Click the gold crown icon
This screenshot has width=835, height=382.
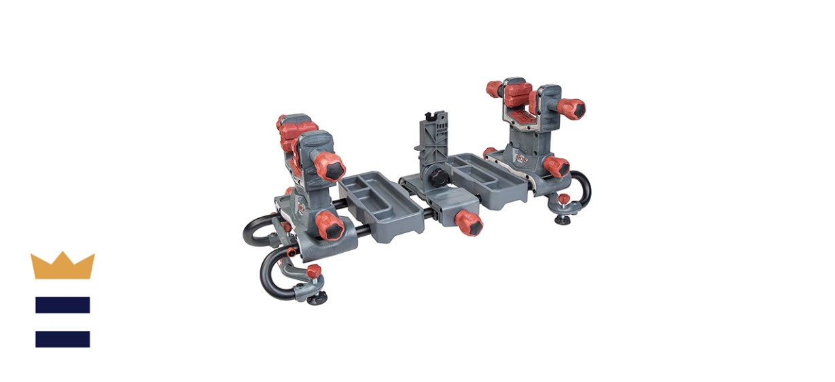(x=63, y=266)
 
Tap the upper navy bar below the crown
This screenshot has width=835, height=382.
(x=63, y=305)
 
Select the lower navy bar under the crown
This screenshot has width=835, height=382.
(x=63, y=338)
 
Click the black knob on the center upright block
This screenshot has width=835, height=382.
(x=435, y=177)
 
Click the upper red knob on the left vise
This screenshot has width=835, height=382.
(x=331, y=167)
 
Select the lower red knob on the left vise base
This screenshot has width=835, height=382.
(x=329, y=225)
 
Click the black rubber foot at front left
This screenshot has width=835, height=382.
(x=317, y=297)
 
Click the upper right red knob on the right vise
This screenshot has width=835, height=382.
(x=571, y=107)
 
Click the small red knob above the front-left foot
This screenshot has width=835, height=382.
(x=313, y=272)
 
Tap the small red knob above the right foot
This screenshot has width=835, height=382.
(x=563, y=199)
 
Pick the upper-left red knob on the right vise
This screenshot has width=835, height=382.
(x=494, y=89)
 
